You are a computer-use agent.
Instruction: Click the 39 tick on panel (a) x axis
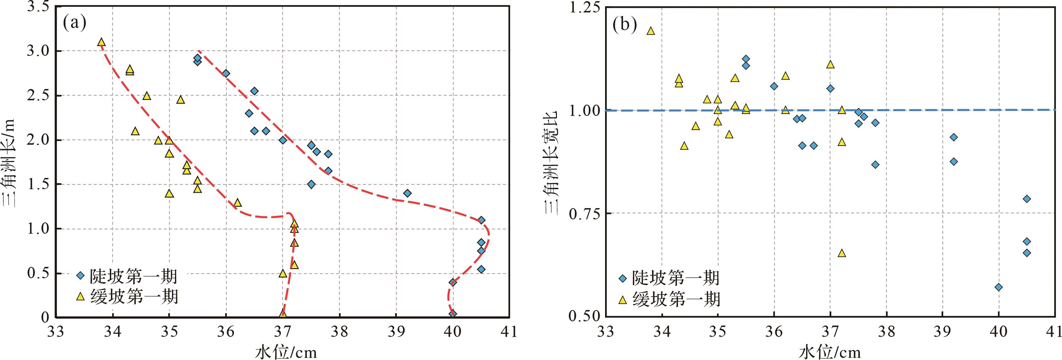[396, 332]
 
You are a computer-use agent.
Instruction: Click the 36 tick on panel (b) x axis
[774, 332]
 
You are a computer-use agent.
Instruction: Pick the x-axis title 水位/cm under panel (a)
[286, 352]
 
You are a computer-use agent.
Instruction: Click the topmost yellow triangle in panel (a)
[101, 42]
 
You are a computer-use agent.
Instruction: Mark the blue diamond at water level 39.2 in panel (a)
[407, 193]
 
